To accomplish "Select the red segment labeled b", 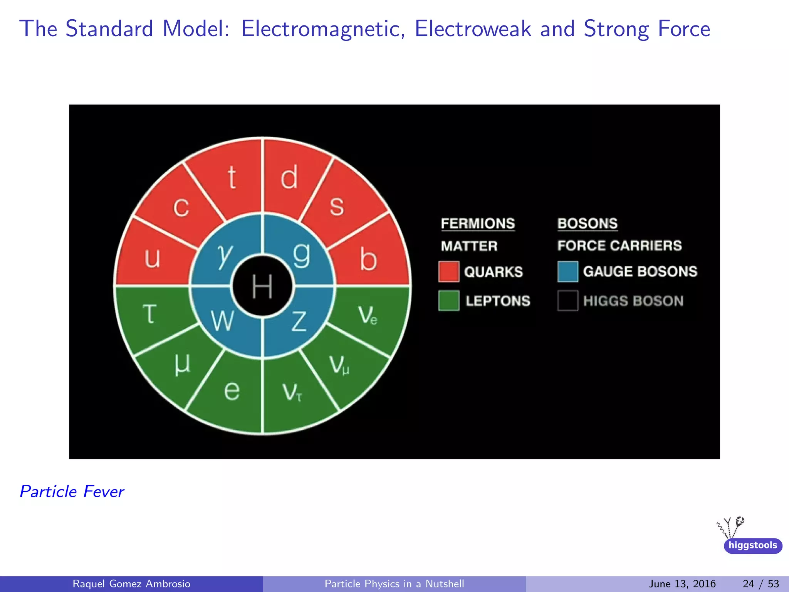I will tap(368, 259).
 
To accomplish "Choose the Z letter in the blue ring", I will tap(299, 321).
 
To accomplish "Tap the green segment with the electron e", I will tap(232, 390).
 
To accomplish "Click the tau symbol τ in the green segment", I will tap(150, 313).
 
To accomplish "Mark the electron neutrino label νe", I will tap(367, 315).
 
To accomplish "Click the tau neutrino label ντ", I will tap(292, 392).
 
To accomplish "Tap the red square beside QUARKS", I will tap(448, 272).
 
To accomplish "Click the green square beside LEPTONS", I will tap(448, 301).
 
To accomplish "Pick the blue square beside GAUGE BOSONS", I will tap(567, 271).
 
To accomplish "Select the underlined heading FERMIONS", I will tap(477, 224).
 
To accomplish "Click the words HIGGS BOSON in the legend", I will tap(633, 301).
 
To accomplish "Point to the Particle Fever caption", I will tap(72, 491).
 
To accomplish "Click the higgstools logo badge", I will tap(752, 545).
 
